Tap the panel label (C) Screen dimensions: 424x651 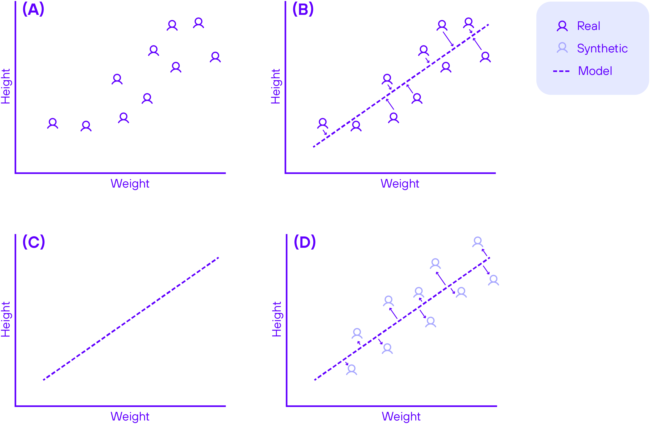click(x=34, y=242)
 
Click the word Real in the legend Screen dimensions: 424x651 click(x=588, y=26)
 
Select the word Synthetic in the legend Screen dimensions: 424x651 click(x=602, y=49)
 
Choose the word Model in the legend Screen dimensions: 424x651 click(x=595, y=71)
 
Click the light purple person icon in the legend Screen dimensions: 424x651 click(x=562, y=48)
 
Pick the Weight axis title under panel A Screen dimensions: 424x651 click(x=130, y=183)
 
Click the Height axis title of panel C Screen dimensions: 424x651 click(x=6, y=319)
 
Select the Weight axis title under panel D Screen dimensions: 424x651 click(x=401, y=416)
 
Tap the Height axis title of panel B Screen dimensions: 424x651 click(x=276, y=86)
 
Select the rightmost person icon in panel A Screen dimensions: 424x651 click(x=215, y=57)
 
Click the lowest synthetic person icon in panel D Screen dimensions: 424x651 click(x=351, y=370)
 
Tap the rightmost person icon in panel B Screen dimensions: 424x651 click(x=485, y=57)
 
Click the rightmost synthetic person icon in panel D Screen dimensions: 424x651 click(x=493, y=280)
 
